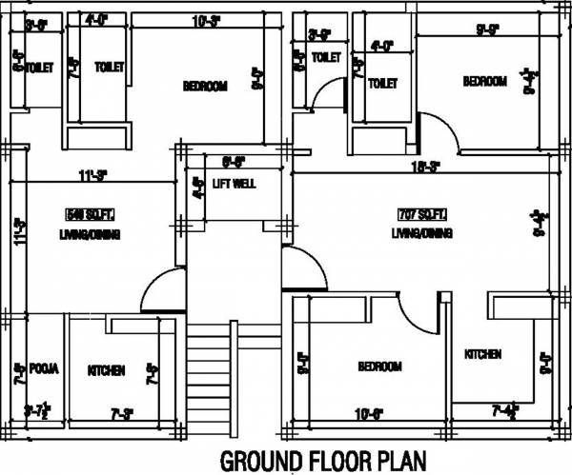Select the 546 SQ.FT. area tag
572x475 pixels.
pos(85,213)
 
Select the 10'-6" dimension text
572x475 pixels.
pos(369,412)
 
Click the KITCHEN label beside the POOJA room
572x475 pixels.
pos(107,370)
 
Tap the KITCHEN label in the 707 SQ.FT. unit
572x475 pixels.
pos(482,354)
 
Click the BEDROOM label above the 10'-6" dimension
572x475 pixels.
pos(379,366)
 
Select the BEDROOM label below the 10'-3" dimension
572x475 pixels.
pos(205,87)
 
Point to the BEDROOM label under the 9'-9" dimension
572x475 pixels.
pos(484,82)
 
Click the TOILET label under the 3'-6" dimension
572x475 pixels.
pos(38,68)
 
